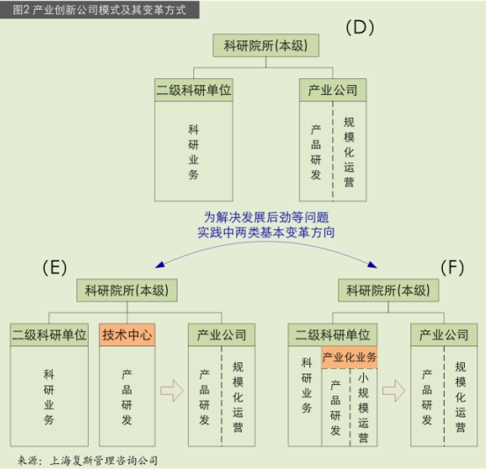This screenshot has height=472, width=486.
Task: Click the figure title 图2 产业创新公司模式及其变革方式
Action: pyautogui.click(x=99, y=10)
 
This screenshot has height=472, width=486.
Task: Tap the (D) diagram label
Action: pyautogui.click(x=359, y=27)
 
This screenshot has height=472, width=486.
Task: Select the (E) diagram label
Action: pyautogui.click(x=54, y=267)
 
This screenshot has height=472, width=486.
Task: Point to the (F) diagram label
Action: pyautogui.click(x=453, y=267)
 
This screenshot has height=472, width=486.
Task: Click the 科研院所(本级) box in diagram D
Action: pyautogui.click(x=266, y=46)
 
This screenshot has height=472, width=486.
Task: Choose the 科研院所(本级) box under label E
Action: pyautogui.click(x=127, y=290)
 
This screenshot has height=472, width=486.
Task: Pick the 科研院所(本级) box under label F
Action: pyautogui.click(x=388, y=290)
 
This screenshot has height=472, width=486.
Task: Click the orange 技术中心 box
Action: pyautogui.click(x=127, y=335)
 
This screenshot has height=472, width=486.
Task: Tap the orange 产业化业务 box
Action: pyautogui.click(x=349, y=358)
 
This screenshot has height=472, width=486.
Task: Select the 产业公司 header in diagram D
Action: pyautogui.click(x=332, y=91)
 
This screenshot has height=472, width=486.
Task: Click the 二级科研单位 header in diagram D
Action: pyautogui.click(x=193, y=91)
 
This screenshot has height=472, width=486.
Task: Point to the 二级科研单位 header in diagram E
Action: pyautogui.click(x=49, y=335)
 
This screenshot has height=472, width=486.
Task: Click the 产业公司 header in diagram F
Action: pyautogui.click(x=444, y=335)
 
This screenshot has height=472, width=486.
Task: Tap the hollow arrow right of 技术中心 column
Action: pyautogui.click(x=172, y=390)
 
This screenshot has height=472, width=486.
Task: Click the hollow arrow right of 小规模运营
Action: pyautogui.click(x=394, y=390)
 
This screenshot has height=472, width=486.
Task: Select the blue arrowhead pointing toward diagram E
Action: pyautogui.click(x=160, y=265)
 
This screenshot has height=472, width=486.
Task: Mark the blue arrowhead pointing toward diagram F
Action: pyautogui.click(x=372, y=265)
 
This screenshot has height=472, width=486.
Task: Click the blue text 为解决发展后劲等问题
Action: pyautogui.click(x=266, y=217)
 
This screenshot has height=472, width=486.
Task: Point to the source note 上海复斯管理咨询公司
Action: pyautogui.click(x=104, y=461)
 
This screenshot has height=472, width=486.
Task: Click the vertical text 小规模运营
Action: pyautogui.click(x=363, y=408)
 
